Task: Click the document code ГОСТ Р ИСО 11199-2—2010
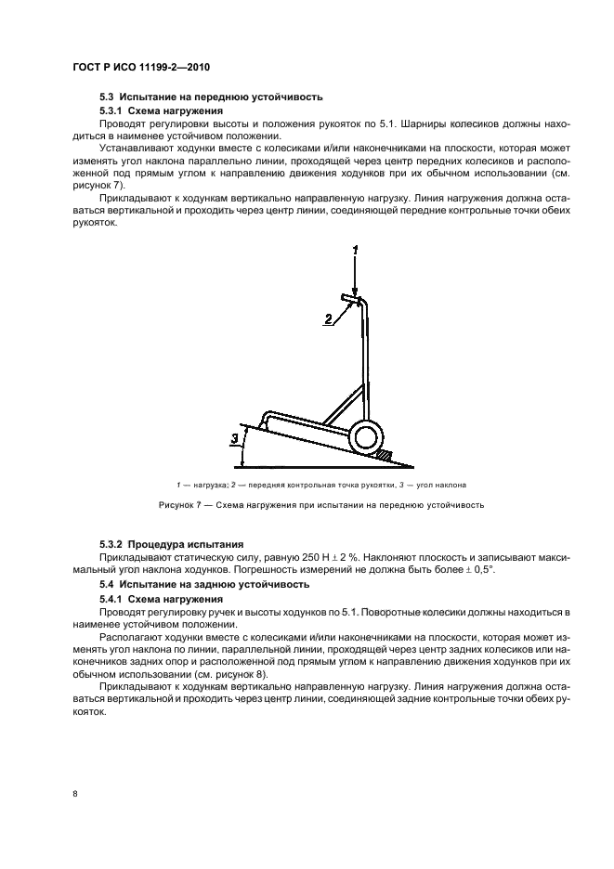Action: coord(148,70)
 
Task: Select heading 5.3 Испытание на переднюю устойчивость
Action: coord(210,97)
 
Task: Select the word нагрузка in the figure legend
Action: coord(202,486)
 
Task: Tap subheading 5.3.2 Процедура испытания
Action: coord(159,542)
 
